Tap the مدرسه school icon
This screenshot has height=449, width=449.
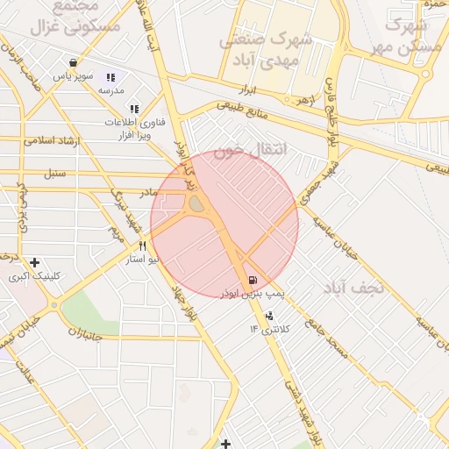[111, 77]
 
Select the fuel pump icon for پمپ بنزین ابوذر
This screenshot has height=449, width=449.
[253, 280]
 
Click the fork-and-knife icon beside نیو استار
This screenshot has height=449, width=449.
[142, 247]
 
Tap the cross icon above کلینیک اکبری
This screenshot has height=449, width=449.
[34, 262]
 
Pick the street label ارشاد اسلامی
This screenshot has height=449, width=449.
[53, 140]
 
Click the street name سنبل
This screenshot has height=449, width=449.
[55, 172]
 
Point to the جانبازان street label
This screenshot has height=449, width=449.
[85, 334]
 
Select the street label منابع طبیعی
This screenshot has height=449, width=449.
[245, 112]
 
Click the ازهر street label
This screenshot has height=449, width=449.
[304, 101]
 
